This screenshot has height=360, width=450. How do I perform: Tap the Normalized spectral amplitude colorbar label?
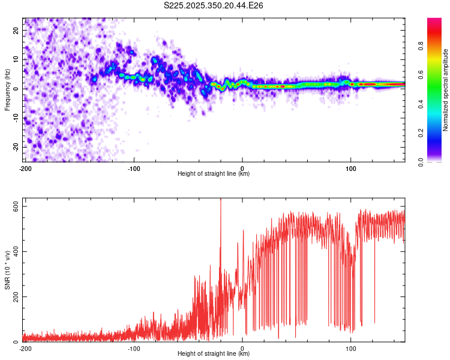click(445, 90)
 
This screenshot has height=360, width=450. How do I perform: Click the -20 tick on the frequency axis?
click(15, 147)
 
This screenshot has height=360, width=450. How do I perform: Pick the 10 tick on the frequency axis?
click(16, 59)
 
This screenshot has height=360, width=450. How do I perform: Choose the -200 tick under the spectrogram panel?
click(25, 168)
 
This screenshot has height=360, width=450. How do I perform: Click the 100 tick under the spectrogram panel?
click(351, 168)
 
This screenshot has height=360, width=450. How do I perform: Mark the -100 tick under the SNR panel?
click(134, 348)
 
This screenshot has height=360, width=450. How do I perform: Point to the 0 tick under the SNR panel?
click(242, 348)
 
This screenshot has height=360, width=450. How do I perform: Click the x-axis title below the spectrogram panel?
click(214, 174)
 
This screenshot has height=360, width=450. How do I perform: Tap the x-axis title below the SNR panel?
click(214, 354)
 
